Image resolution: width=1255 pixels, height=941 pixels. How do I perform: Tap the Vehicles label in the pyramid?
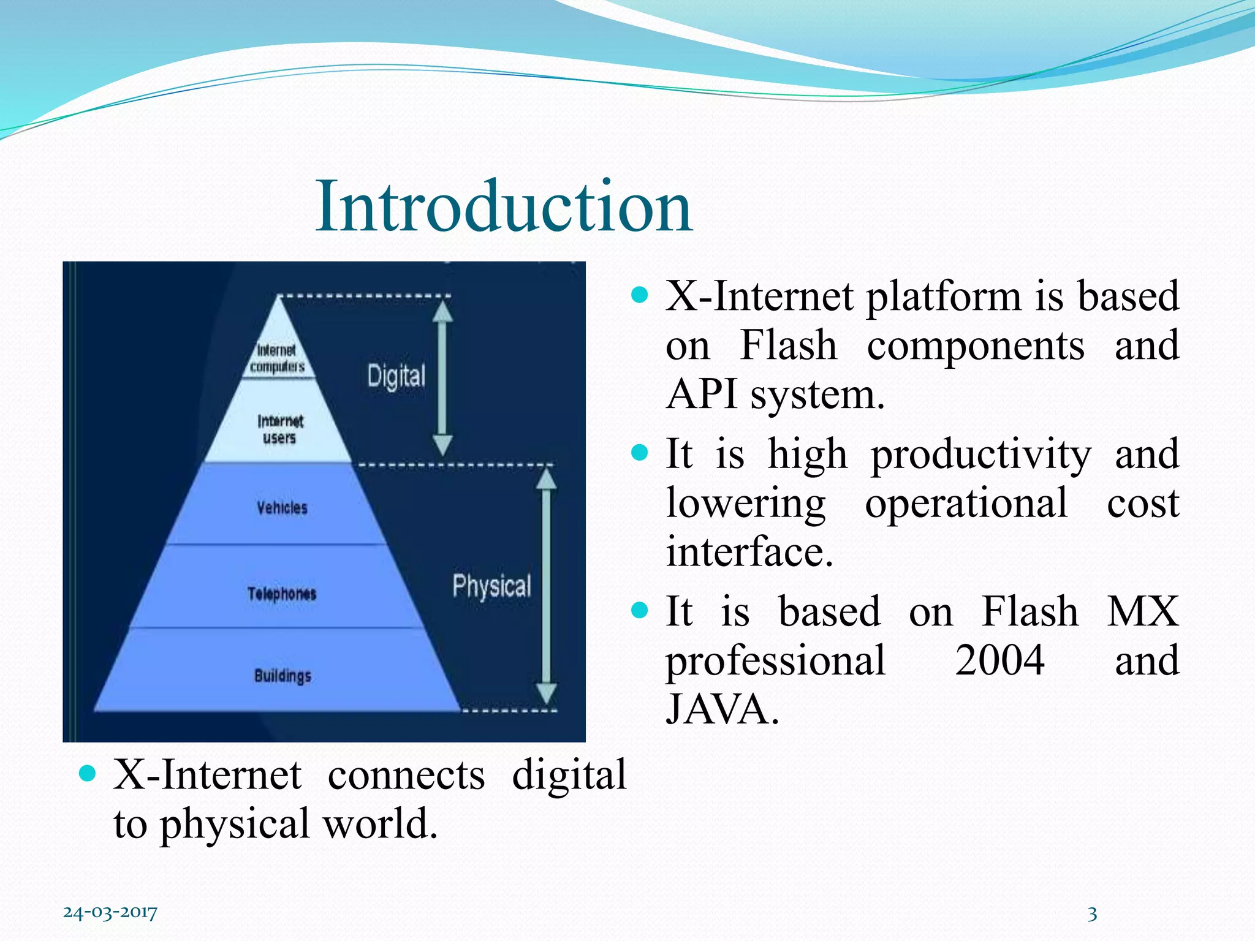(282, 508)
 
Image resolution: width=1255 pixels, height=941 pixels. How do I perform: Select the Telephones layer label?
(282, 594)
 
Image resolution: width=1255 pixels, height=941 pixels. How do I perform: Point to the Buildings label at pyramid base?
(282, 676)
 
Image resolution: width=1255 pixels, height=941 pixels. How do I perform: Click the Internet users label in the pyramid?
(280, 429)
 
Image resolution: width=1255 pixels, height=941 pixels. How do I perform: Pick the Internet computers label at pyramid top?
(277, 358)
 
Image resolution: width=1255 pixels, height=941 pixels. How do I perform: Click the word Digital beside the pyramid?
(396, 376)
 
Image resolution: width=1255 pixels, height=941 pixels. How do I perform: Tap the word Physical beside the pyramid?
(491, 586)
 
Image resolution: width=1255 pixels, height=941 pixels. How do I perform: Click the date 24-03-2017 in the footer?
(110, 912)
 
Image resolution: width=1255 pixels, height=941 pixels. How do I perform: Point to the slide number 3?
(1091, 914)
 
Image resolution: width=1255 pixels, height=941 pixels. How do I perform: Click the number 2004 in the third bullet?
(999, 660)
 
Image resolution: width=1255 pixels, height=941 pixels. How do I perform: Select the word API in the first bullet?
(701, 394)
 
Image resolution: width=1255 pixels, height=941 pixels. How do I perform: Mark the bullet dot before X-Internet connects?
(88, 774)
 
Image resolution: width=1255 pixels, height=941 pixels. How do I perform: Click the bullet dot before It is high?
(639, 453)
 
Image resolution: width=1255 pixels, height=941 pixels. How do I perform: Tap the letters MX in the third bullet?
(1142, 611)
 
